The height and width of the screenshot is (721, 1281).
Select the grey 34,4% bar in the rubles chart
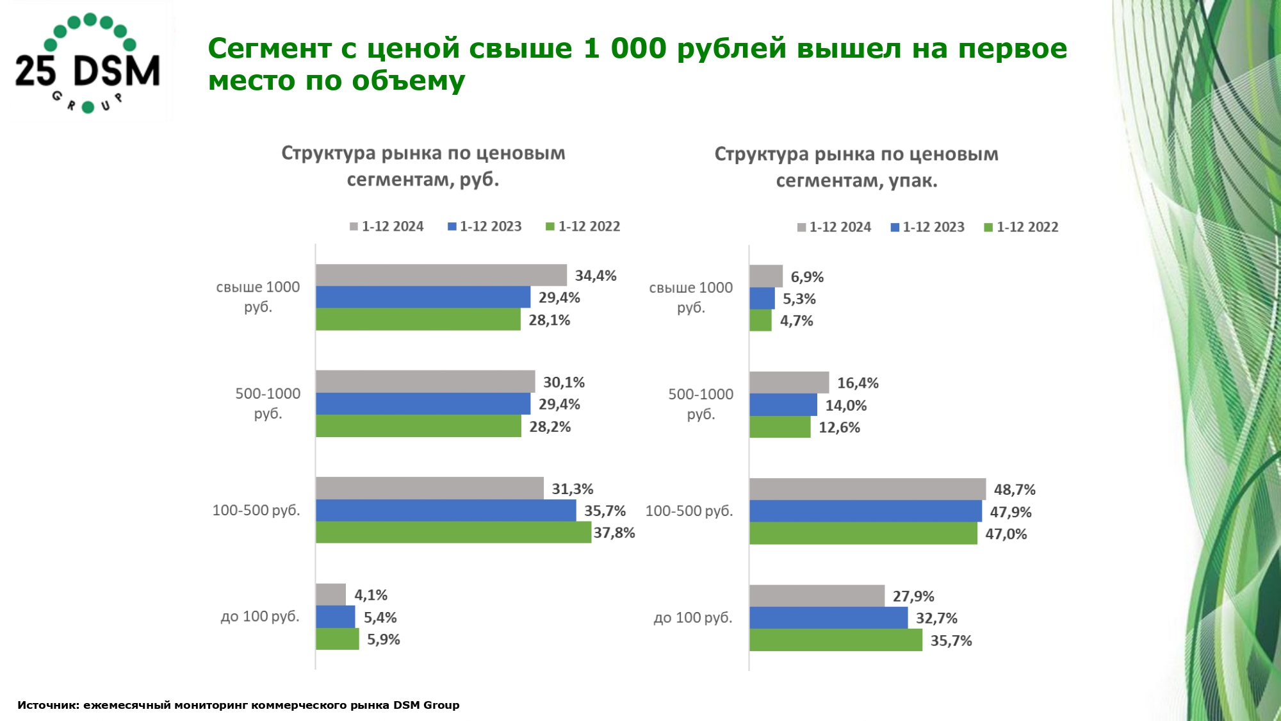coord(441,275)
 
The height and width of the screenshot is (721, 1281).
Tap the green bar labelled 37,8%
coord(453,532)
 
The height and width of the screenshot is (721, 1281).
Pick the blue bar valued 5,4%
coord(335,617)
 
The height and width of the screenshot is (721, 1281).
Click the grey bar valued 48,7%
coord(867,489)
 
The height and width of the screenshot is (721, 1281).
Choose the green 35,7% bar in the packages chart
coord(836,640)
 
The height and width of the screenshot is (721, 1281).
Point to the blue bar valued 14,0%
coord(783,405)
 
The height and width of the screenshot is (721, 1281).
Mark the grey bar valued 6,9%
coord(766,276)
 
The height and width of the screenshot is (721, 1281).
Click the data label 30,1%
coord(564,383)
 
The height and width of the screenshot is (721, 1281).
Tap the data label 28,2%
coord(550,427)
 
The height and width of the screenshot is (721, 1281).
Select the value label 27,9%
coord(913,596)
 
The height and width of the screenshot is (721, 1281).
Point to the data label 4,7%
coord(796,320)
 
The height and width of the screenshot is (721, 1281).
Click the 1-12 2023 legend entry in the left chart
coord(485,226)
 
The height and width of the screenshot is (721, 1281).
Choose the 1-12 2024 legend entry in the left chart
coord(387,226)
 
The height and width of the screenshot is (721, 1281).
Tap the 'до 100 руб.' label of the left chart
coord(260,617)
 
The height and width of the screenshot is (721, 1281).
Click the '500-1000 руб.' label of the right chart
coord(701,404)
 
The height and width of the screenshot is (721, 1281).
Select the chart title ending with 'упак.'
coord(856,167)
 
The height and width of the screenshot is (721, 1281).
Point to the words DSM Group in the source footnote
coord(426,705)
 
